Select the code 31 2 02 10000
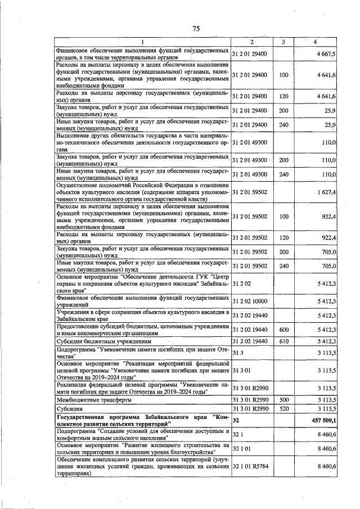[251, 301]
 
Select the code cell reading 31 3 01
[242, 371]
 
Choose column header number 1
[142, 42]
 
